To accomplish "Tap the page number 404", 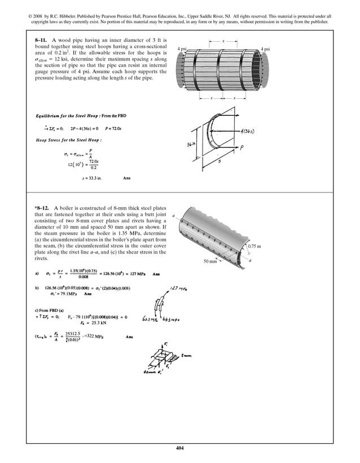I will click(x=180, y=448).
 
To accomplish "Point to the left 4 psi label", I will click(x=182, y=49).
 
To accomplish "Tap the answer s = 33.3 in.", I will click(x=90, y=177).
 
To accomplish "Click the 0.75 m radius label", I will click(x=255, y=246).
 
